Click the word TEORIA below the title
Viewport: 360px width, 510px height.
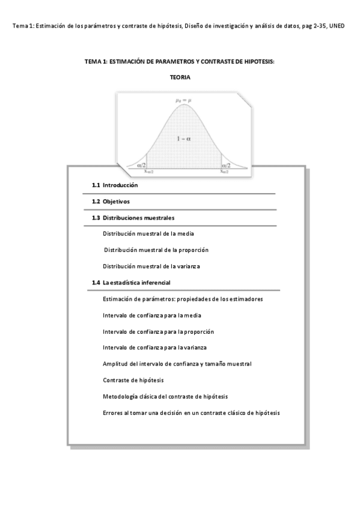pos(180,77)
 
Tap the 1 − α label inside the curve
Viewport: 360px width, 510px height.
pos(183,139)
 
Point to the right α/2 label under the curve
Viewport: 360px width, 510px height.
pos(225,163)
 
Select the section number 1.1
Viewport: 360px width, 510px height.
pos(96,185)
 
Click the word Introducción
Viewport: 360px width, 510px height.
pos(120,185)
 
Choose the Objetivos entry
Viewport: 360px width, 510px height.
pos(116,201)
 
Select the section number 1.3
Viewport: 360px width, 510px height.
pos(96,218)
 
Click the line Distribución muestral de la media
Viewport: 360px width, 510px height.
pos(148,233)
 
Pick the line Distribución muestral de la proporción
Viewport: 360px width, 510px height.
pos(156,250)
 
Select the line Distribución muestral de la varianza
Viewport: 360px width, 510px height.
pos(151,266)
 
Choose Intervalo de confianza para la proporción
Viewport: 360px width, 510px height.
pos(159,331)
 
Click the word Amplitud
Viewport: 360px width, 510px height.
pos(115,364)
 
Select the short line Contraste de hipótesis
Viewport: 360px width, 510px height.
pos(133,380)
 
